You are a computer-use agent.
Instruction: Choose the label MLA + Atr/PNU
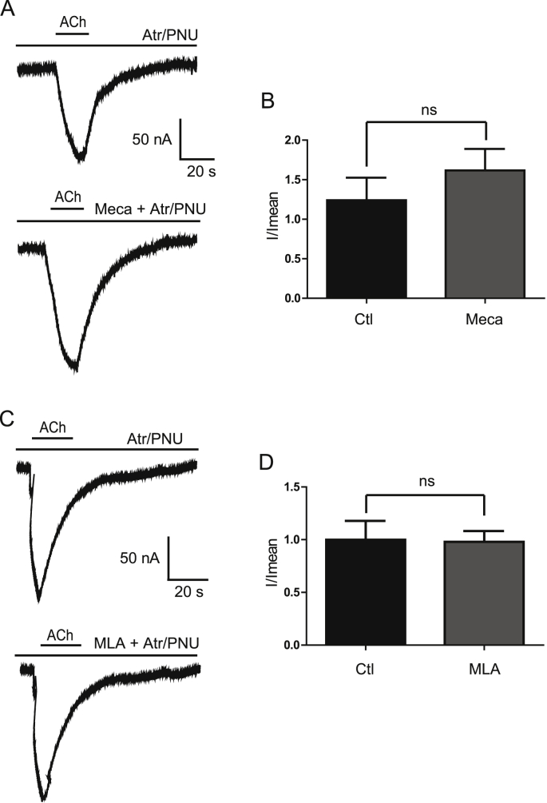tap(146, 642)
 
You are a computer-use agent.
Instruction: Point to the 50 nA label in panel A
tap(152, 140)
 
